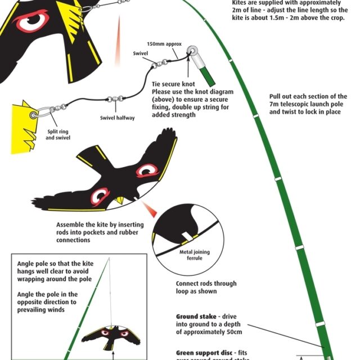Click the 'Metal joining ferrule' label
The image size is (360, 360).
pos(195,255)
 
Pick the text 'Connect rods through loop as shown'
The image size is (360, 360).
pos(206,288)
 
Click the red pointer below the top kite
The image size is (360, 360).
pos(119,34)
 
